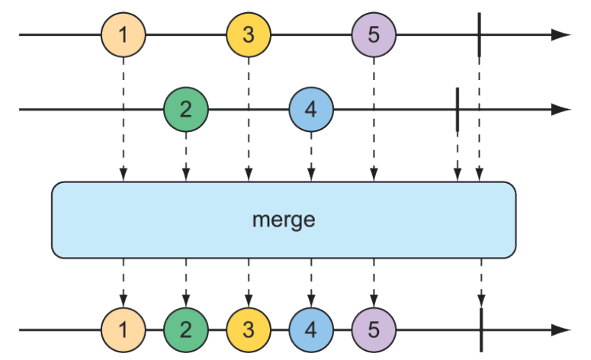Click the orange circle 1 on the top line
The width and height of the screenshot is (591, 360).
pyautogui.click(x=123, y=35)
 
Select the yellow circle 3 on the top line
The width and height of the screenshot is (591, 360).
pyautogui.click(x=248, y=35)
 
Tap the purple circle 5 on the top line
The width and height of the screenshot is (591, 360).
pyautogui.click(x=374, y=35)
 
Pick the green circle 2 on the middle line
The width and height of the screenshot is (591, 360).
pyautogui.click(x=185, y=110)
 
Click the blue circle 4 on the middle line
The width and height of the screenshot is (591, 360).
pyautogui.click(x=310, y=110)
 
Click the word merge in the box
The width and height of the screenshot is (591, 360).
pyautogui.click(x=283, y=220)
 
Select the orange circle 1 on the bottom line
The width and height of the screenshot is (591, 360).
pyautogui.click(x=123, y=330)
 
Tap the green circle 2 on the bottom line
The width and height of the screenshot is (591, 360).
pyautogui.click(x=185, y=330)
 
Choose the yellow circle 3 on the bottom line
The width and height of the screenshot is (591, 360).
pyautogui.click(x=248, y=330)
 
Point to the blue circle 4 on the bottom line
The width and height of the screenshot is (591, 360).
pyautogui.click(x=310, y=330)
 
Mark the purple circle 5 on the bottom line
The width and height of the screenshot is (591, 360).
pyautogui.click(x=374, y=330)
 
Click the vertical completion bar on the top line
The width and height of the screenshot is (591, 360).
pyautogui.click(x=479, y=35)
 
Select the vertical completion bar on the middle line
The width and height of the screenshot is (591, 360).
pyautogui.click(x=457, y=110)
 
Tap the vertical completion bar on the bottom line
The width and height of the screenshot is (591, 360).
pyautogui.click(x=481, y=330)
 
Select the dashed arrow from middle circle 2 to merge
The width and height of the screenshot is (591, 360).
pyautogui.click(x=185, y=156)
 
